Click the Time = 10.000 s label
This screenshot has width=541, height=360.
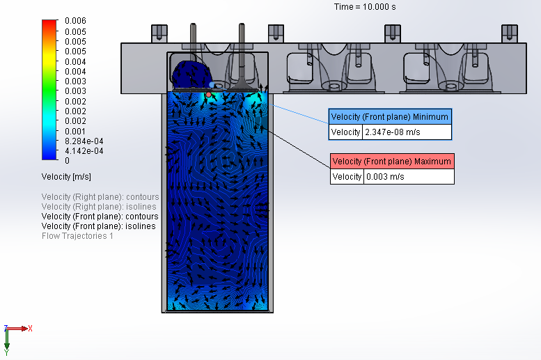[364, 6]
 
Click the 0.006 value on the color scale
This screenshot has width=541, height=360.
[75, 22]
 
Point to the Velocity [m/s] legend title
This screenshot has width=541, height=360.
[66, 176]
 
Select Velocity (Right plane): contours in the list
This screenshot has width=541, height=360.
[100, 197]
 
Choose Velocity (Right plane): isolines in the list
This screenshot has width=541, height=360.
[99, 207]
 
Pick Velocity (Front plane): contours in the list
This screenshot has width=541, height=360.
[100, 217]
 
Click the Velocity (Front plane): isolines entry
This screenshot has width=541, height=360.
[99, 226]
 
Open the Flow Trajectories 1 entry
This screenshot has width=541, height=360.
[77, 236]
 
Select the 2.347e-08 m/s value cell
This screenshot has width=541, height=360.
[407, 132]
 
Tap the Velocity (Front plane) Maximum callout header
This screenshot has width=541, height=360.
[391, 162]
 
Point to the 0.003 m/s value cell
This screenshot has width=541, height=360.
[408, 177]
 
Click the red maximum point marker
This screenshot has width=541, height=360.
[208, 94]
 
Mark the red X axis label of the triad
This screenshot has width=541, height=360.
[31, 328]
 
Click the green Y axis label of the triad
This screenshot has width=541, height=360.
[7, 352]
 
